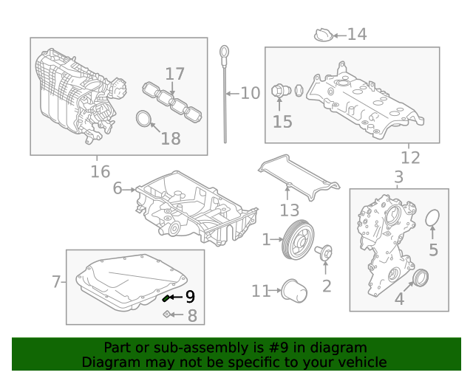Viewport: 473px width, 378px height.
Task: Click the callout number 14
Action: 357,34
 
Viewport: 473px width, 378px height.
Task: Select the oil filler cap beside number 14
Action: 322,35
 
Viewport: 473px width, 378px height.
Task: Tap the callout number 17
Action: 174,74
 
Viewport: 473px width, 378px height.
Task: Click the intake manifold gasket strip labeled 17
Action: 172,101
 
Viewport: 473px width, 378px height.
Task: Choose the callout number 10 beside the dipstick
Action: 251,93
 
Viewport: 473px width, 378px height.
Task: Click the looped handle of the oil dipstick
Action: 223,52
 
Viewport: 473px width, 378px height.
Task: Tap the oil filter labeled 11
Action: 295,291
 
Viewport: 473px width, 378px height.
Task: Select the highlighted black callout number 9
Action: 190,297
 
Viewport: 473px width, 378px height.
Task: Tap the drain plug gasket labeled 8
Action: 168,315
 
